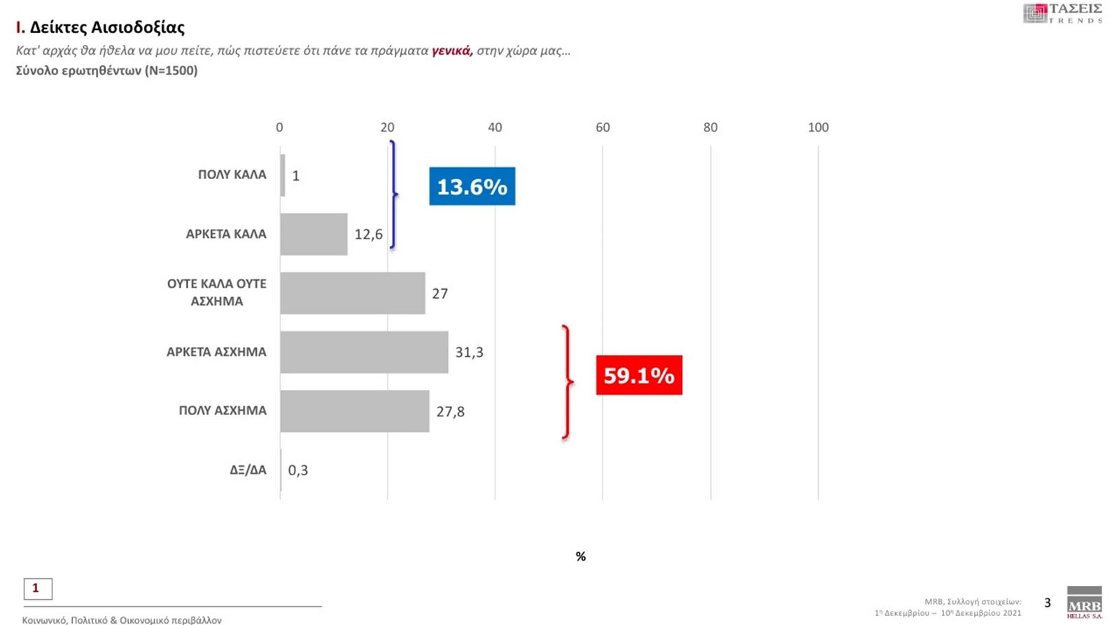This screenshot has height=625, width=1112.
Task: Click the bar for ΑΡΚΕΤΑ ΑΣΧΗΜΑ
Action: coord(364,352)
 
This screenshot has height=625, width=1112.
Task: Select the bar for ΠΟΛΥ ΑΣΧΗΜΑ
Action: coord(354,411)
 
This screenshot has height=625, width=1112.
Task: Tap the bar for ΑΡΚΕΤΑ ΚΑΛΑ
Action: coord(314,234)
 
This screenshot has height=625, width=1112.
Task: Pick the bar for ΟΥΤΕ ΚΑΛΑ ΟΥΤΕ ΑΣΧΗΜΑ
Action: coord(352,293)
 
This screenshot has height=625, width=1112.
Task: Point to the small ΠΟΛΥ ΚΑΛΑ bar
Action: coord(283,175)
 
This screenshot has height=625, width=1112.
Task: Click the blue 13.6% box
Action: coord(472,186)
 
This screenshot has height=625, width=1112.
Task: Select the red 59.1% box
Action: coord(639,375)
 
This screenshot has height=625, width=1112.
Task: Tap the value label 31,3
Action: coord(469,352)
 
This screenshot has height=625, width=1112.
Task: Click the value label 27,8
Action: coord(450,412)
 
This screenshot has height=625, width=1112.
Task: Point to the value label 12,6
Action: coord(368,234)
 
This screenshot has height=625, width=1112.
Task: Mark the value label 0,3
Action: coord(297,470)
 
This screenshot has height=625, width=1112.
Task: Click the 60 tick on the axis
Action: coord(603,127)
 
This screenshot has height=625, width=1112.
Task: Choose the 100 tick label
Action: coord(817,127)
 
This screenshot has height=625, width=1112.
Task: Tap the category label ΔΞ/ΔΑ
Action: coord(248,470)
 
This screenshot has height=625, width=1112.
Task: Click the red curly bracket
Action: coord(568,382)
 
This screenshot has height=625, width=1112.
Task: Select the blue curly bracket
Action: coord(393,195)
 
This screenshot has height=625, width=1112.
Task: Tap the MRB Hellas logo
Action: coord(1084,603)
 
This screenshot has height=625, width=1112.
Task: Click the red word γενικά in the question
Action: coord(452,50)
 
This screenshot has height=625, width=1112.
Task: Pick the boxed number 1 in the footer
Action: coord(38,589)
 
